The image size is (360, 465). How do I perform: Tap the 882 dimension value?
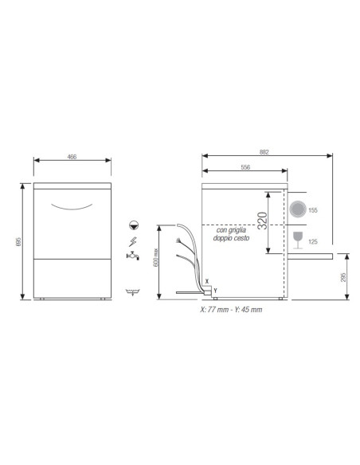point(265,151)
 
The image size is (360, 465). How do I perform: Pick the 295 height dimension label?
point(351,277)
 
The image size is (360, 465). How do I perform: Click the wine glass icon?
point(297,238)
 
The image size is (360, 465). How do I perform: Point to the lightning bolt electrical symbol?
point(131,241)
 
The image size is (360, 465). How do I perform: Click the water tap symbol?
point(131,256)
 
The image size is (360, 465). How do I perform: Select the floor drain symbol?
point(131,293)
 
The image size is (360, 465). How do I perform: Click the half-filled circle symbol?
point(131,225)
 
